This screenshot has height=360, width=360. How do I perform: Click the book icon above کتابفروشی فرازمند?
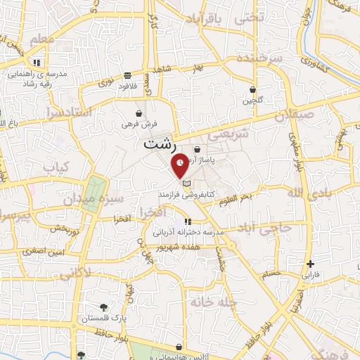click(186, 184)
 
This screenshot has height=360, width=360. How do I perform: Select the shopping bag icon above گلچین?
click(252, 90)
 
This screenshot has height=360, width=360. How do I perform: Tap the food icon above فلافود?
click(127, 75)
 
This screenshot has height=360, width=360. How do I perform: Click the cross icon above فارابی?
click(310, 264)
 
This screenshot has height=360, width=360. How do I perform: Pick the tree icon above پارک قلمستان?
click(104, 307)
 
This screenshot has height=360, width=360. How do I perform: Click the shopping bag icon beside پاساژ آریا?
click(197, 149)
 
